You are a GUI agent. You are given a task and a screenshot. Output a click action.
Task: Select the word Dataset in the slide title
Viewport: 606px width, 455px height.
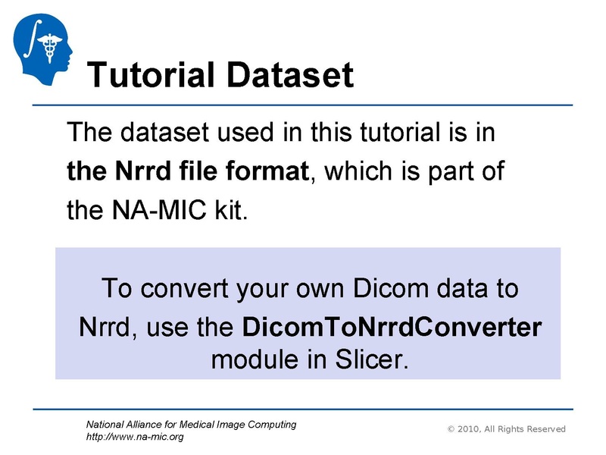tap(295, 75)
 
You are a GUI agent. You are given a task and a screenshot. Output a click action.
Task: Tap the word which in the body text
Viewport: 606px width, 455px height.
tap(363, 171)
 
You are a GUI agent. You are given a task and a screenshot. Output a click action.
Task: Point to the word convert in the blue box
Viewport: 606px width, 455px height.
tap(182, 289)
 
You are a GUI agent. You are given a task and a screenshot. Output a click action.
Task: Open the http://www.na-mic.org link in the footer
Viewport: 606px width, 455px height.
tap(135, 437)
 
